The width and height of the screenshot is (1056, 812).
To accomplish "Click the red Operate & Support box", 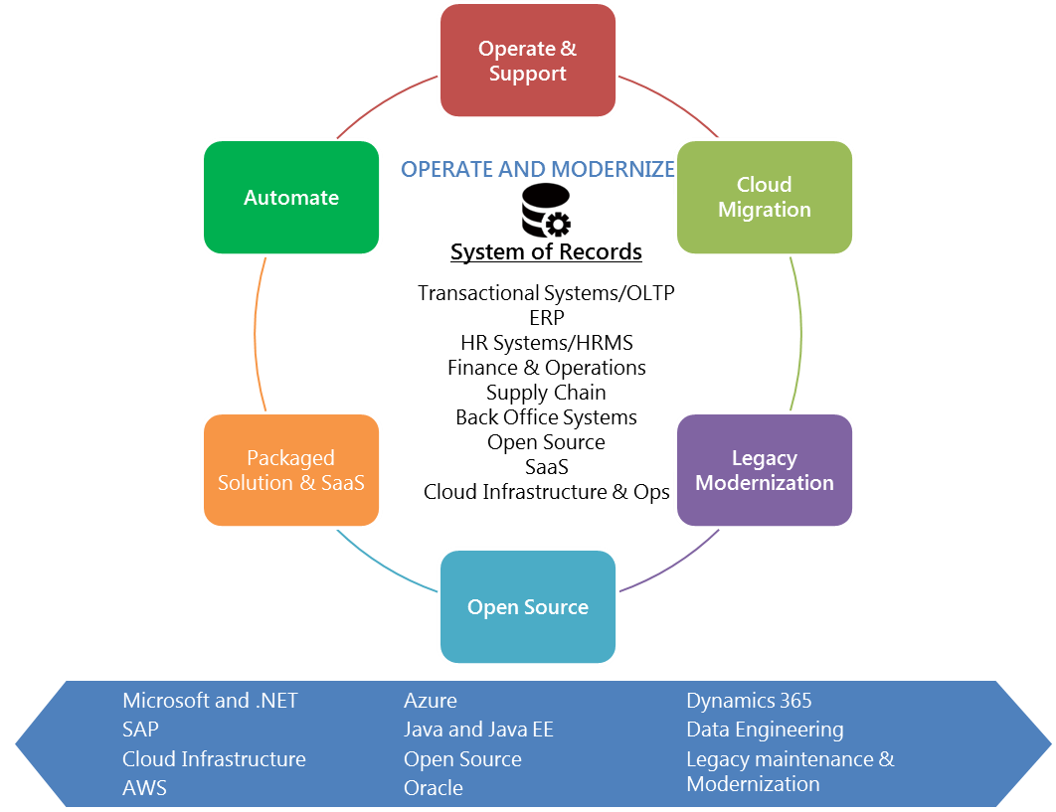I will [x=528, y=61].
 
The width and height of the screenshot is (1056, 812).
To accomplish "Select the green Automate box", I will [x=291, y=198].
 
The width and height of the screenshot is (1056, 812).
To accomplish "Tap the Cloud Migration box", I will [x=764, y=197].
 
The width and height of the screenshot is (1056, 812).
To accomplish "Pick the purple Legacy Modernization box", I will [x=764, y=470].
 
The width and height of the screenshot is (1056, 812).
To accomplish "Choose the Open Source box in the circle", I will [x=528, y=607].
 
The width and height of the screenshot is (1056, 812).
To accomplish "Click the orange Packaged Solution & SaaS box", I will [x=291, y=470].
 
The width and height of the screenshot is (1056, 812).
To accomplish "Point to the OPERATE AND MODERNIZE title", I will [x=537, y=169].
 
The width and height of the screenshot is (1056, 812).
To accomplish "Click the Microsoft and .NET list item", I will [x=210, y=701].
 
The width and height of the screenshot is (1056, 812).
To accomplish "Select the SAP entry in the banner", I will [x=140, y=730].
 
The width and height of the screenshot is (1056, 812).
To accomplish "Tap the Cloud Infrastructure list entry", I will [x=214, y=759].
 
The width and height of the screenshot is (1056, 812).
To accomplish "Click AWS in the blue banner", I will [x=144, y=788].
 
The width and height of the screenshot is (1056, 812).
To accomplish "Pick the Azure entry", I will [x=431, y=701].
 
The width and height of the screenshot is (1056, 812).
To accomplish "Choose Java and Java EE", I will [x=478, y=730].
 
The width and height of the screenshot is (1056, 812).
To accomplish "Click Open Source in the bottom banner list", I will [x=462, y=759].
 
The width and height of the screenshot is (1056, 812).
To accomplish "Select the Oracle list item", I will [x=434, y=788].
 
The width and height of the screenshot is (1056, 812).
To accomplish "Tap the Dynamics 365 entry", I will [x=749, y=701].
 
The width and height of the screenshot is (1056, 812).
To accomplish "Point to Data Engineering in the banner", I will [x=765, y=730].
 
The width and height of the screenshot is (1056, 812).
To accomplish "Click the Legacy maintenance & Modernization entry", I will [x=790, y=771].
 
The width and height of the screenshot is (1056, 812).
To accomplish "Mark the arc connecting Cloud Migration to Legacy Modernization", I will [x=800, y=333].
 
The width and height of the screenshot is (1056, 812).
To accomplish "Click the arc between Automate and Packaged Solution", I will [x=256, y=333].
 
